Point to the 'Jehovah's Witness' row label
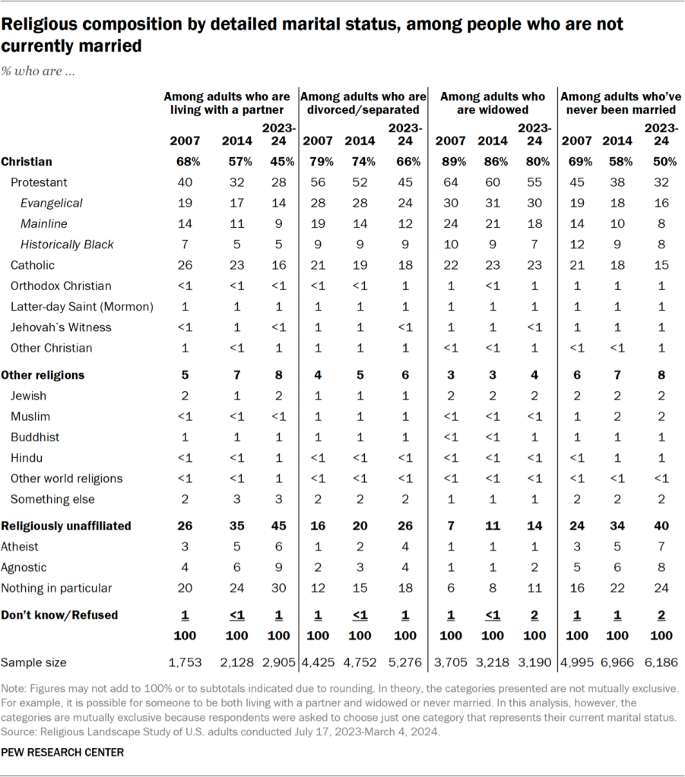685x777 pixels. pos(61,327)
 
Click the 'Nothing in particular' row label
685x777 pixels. pos(61,588)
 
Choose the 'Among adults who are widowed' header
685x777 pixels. pos(493,103)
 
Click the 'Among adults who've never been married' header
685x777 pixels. pos(619,103)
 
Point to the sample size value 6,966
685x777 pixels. pos(617,662)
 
